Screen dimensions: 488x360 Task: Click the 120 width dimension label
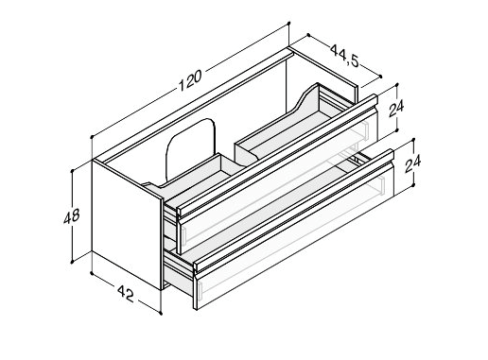point(190,80)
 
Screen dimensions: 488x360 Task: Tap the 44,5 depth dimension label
point(345,56)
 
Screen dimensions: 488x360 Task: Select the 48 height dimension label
point(72,216)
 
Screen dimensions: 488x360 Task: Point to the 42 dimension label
point(126,294)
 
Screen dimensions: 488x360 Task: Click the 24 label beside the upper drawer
point(396,109)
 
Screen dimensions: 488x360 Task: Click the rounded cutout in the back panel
point(190,149)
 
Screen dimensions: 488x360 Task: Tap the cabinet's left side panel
point(127,224)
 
